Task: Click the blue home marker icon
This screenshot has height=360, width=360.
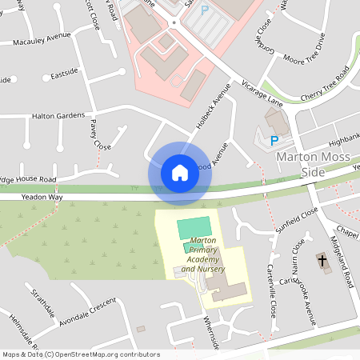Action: point(179,173)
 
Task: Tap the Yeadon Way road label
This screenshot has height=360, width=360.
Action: point(42,196)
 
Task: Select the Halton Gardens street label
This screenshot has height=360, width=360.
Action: point(58,115)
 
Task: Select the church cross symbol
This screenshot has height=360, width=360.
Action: point(322,261)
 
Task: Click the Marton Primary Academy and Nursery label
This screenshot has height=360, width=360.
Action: point(203,254)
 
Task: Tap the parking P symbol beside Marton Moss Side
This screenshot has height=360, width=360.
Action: point(274,140)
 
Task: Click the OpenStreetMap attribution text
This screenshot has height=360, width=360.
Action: point(80,354)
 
